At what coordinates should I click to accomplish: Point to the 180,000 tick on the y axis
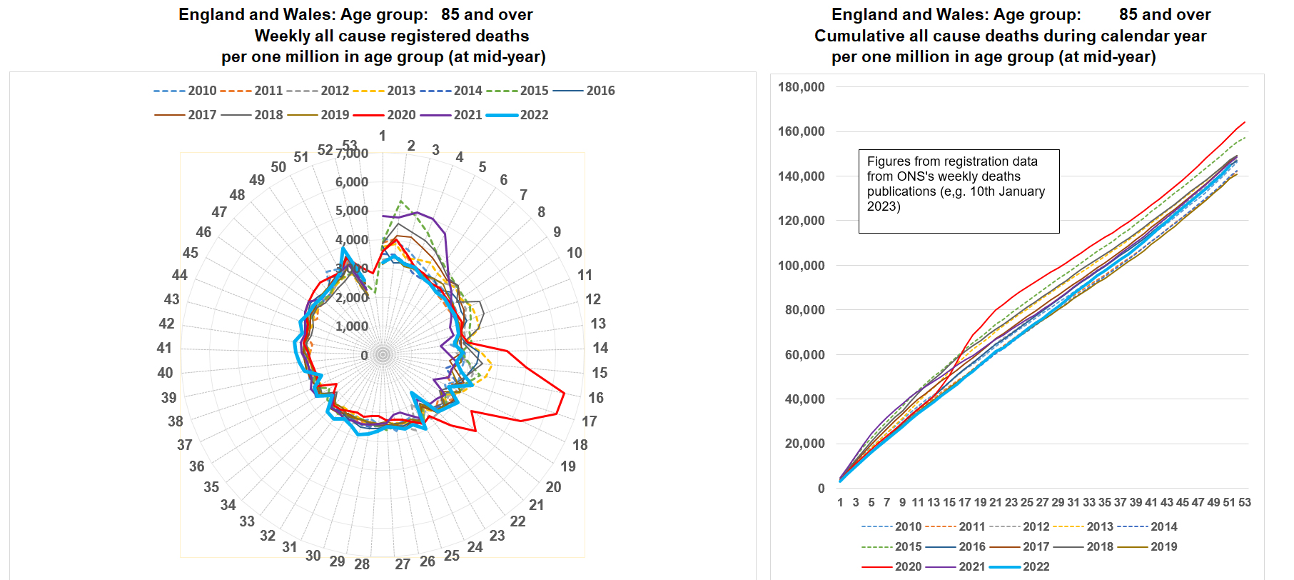[801, 87]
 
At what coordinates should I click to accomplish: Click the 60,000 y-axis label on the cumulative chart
[804, 355]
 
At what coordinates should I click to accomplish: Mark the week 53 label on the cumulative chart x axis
[1245, 503]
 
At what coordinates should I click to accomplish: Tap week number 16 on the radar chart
[596, 398]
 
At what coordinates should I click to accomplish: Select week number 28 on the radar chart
[362, 564]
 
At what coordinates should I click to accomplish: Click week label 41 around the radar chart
[164, 348]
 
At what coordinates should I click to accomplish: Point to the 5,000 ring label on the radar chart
[352, 211]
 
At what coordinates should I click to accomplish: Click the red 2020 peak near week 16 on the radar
[564, 394]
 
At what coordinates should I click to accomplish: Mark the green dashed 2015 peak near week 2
[401, 201]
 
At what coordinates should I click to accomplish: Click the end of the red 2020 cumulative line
[1245, 122]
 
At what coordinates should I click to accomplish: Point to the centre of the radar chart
[383, 354]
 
